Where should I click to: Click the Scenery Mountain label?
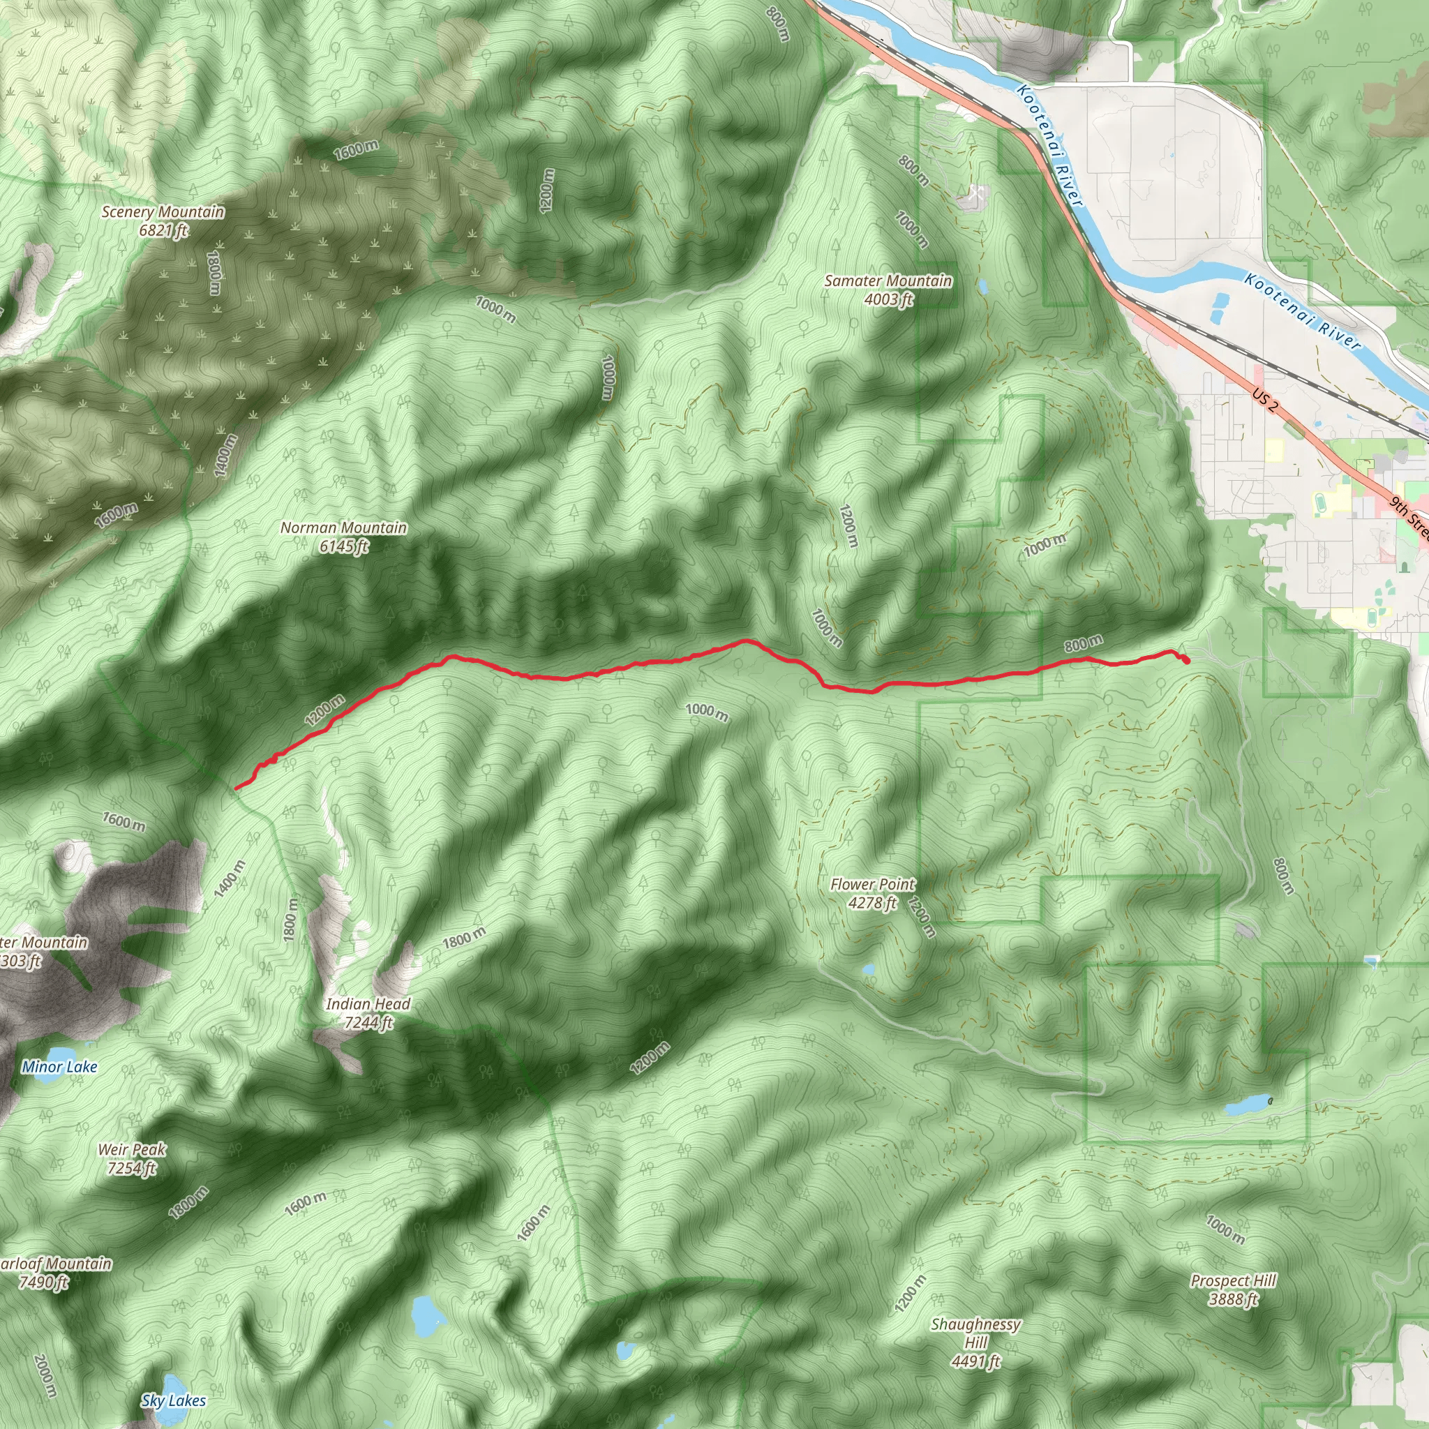pos(163,221)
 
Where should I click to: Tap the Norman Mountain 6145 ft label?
pos(344,537)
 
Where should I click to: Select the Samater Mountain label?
pos(888,289)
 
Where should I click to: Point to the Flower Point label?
pos(873,892)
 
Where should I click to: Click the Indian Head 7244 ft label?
pos(368,1012)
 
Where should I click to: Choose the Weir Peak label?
pos(132,1158)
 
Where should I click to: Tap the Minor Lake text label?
pos(59,1067)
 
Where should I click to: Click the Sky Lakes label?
pos(174,1400)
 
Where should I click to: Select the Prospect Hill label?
pos(1234,1290)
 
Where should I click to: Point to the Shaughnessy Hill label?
pos(975,1342)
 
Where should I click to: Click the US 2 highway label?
pos(1266,401)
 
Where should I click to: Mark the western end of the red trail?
pos(236,788)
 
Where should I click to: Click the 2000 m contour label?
pos(45,1376)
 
